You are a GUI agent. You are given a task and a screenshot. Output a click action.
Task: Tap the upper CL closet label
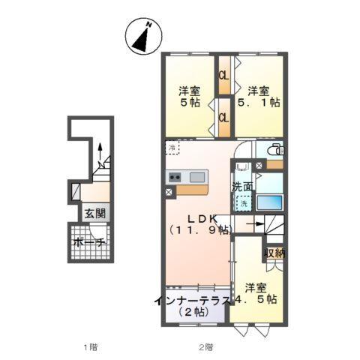click(223, 76)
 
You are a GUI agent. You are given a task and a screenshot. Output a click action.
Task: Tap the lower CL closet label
click(223, 118)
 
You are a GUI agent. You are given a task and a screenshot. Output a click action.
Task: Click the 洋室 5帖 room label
click(188, 97)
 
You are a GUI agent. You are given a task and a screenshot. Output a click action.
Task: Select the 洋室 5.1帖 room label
click(259, 97)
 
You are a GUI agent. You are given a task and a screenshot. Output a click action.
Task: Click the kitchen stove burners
click(175, 178)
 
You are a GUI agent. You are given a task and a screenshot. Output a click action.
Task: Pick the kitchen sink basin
click(197, 178)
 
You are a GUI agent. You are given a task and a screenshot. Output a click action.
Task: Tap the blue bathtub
click(269, 201)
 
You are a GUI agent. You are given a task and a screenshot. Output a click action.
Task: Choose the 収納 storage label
click(274, 253)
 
